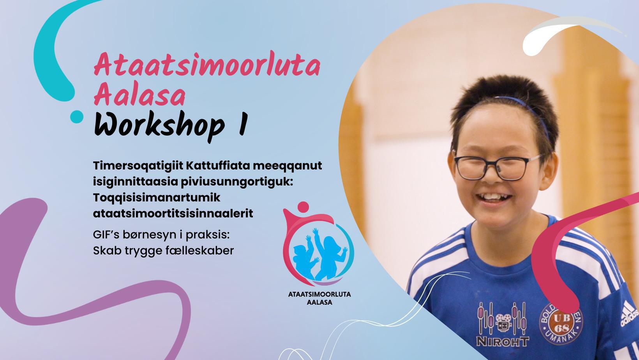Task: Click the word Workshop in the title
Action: point(159,126)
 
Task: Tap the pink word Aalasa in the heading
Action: point(139,95)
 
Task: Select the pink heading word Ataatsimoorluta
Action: point(207,65)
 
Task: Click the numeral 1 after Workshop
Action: point(242,124)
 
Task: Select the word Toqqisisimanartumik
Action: point(157,198)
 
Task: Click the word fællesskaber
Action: point(199,251)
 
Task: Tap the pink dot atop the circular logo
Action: point(303,206)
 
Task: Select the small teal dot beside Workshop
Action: point(77,116)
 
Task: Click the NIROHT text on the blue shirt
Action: point(503,341)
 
